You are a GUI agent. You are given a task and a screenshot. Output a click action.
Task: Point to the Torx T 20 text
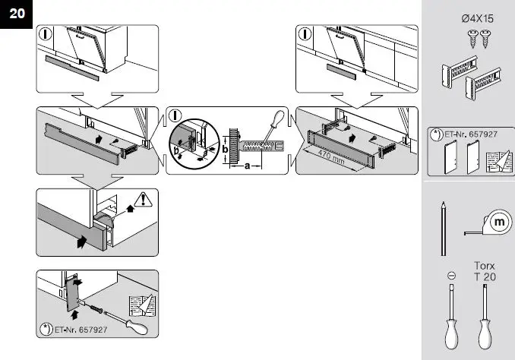pos(484,271)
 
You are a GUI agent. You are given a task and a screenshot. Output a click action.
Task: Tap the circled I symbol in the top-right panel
pos(305,34)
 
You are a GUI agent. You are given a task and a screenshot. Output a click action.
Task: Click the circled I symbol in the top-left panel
pos(46,34)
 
